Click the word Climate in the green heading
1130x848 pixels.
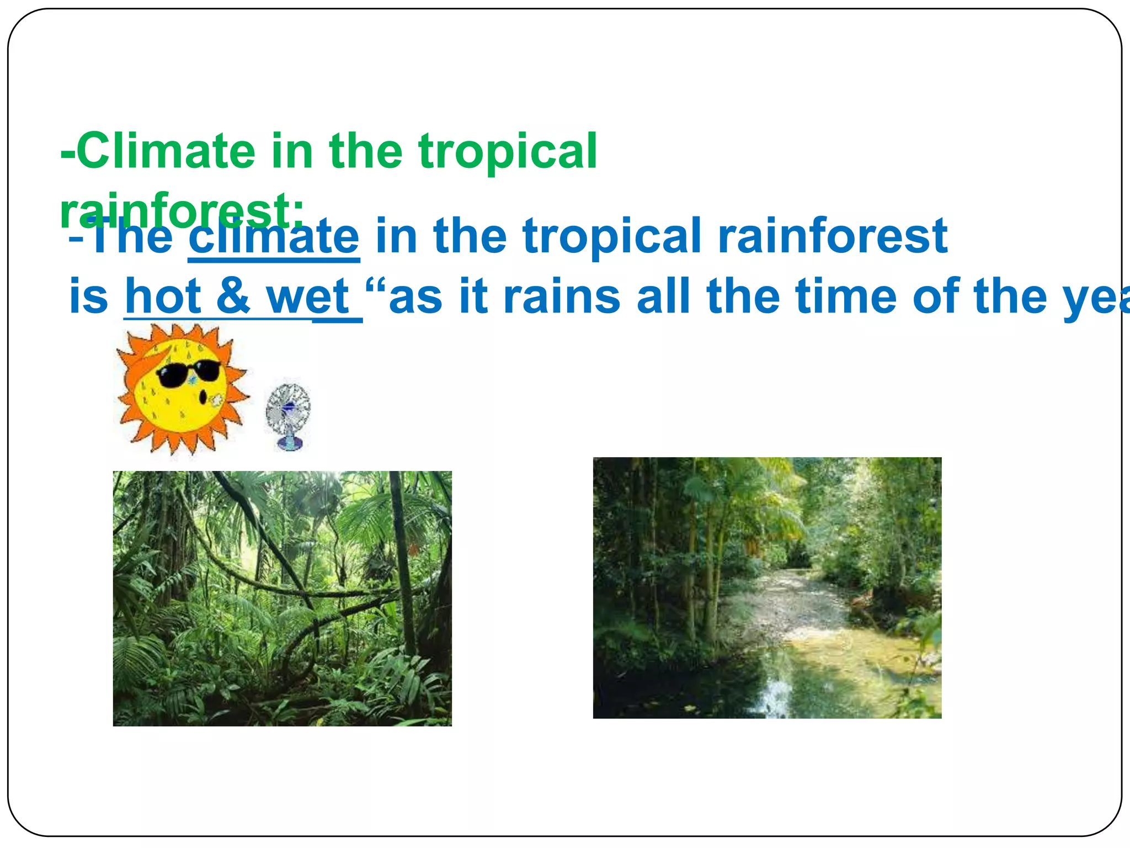point(166,151)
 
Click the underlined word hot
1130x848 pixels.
point(163,296)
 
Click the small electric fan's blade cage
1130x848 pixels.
point(287,409)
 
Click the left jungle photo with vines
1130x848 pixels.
point(282,598)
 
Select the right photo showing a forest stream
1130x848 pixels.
point(767,587)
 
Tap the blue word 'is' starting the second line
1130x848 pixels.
point(88,296)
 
